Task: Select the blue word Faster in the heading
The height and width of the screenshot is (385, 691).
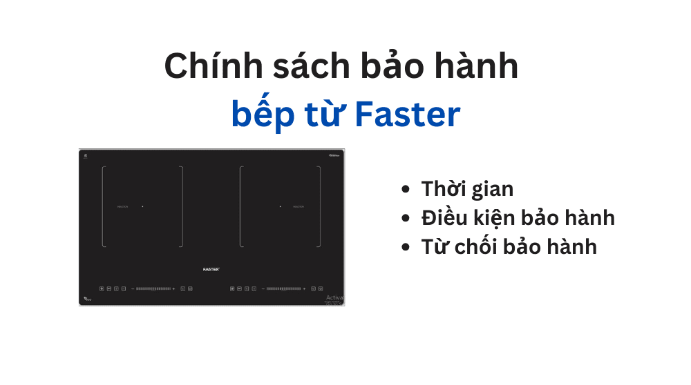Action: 407,115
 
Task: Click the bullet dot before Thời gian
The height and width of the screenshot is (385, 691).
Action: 406,189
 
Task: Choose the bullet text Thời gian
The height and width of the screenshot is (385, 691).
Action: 467,188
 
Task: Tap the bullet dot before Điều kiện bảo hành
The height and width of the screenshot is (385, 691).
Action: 406,218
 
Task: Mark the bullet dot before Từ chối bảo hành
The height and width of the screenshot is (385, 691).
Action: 406,247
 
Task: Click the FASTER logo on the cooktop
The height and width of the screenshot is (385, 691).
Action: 211,268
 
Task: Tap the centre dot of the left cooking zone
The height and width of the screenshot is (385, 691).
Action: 142,206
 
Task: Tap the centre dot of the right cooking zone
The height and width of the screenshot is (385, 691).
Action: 280,206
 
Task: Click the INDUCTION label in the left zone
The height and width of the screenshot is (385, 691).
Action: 122,206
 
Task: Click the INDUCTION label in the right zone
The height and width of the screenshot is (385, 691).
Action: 299,206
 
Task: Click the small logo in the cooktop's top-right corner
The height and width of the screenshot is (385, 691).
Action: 334,155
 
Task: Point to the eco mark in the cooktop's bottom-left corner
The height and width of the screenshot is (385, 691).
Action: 86,299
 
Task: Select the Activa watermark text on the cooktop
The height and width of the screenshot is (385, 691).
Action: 334,297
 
